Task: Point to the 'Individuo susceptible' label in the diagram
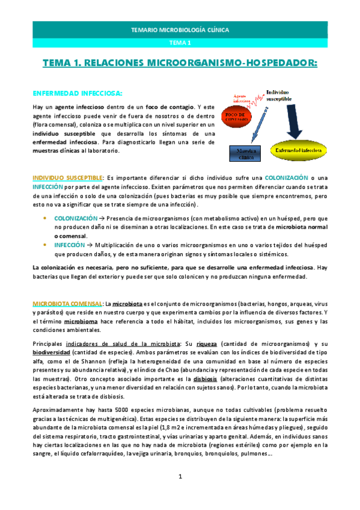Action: pos(279,94)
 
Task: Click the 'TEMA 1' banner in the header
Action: pos(180,43)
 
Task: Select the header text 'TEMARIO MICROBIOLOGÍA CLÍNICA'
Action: pos(180,29)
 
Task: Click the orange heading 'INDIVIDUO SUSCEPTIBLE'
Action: pos(67,178)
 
